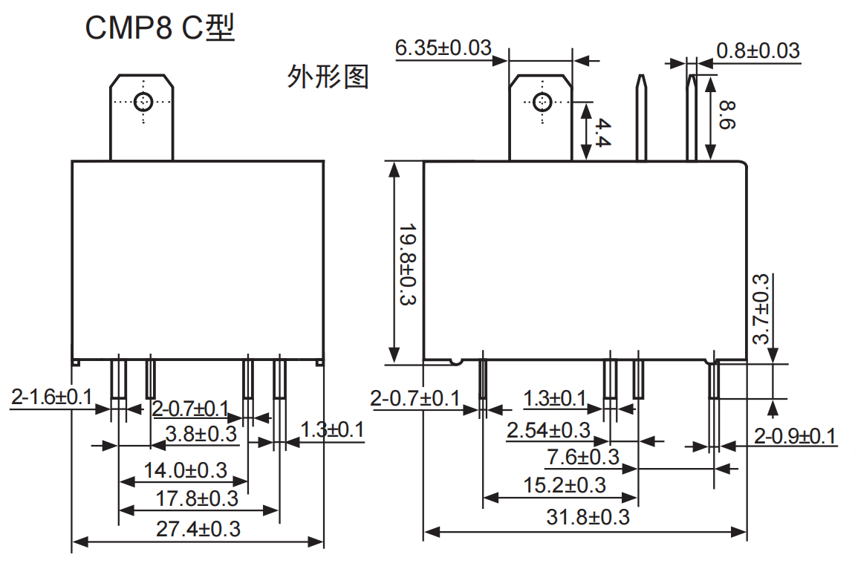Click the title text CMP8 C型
coord(160,28)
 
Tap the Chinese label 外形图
coord(328,77)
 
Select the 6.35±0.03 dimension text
coord(443,48)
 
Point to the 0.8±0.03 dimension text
coord(758,51)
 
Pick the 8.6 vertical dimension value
coord(726,116)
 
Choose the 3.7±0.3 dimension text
coord(762,309)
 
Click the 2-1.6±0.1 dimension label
coord(51,397)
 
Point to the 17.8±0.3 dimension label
coord(198,498)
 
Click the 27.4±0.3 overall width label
coord(198,529)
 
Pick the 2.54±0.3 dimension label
coord(548,430)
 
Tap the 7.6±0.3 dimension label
coord(583,458)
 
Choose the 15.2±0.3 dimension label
coord(565,486)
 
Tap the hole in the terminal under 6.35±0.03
coord(542,101)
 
